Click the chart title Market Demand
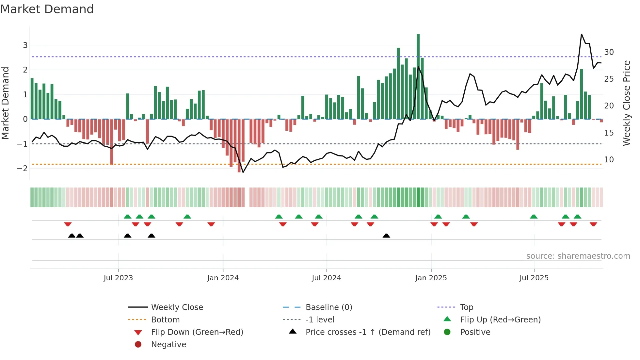point(47,9)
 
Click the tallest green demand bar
point(418,77)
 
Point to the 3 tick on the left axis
point(25,45)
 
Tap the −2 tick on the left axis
point(23,168)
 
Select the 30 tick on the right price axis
point(609,52)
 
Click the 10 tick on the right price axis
point(609,160)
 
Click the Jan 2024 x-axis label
point(223,278)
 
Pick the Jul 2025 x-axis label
point(534,278)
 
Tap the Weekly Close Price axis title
point(626,103)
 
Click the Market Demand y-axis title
point(6,103)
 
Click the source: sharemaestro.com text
point(578,256)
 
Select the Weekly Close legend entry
point(177,307)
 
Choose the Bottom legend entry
point(165,320)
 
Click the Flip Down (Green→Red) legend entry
point(197,332)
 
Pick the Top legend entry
point(467,307)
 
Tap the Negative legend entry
point(168,345)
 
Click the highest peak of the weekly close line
point(582,34)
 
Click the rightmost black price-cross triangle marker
point(386,236)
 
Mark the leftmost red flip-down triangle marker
point(68,224)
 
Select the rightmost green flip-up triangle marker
point(577,217)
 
